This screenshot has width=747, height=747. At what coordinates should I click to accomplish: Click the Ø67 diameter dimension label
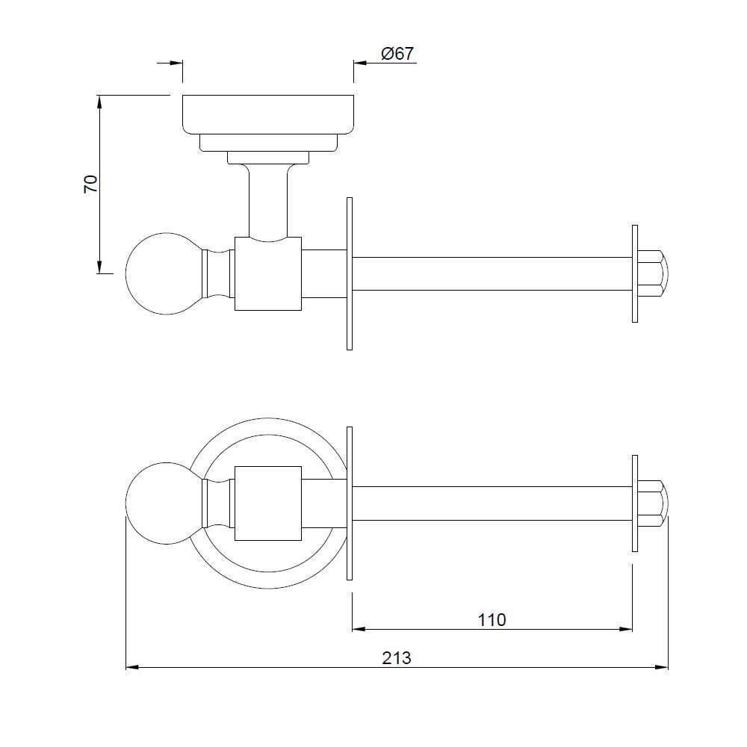click(397, 54)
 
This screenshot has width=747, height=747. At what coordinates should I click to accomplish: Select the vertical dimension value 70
click(90, 185)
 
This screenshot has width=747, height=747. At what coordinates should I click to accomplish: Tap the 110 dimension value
click(491, 619)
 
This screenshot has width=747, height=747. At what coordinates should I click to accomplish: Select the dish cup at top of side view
click(268, 114)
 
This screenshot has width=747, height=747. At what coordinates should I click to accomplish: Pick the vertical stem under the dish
click(267, 200)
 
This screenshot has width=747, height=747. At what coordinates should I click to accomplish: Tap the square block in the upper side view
click(267, 273)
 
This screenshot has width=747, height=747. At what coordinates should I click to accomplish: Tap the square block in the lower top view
click(267, 503)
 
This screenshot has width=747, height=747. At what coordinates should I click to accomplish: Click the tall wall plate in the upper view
click(349, 273)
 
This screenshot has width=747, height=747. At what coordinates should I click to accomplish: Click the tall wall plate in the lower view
click(349, 503)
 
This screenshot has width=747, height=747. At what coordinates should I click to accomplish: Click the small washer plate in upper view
click(634, 273)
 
